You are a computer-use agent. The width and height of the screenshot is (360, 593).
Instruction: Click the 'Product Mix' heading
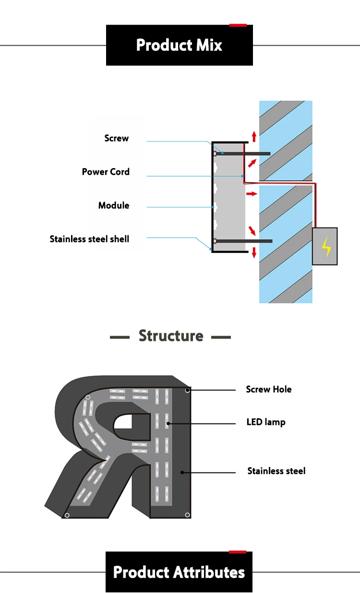(x=179, y=45)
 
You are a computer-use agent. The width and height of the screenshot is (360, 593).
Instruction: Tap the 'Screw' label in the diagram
(x=117, y=138)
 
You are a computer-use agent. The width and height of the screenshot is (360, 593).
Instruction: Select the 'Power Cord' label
(x=106, y=172)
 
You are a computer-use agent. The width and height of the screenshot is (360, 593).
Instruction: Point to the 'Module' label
(x=114, y=206)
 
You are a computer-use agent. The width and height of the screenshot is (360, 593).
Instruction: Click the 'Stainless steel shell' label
(x=89, y=239)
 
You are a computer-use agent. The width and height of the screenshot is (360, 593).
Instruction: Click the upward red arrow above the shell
(x=254, y=136)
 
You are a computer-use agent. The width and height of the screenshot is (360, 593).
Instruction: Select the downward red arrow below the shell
(x=254, y=252)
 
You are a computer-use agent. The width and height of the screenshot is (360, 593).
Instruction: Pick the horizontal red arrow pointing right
(x=252, y=194)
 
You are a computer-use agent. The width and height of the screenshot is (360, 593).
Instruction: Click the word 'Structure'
(x=171, y=336)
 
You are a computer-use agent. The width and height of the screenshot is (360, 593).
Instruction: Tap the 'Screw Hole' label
(x=269, y=389)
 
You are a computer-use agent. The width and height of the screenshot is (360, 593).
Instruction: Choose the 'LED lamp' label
(x=266, y=422)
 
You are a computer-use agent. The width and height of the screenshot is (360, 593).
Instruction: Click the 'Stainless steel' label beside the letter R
(x=276, y=471)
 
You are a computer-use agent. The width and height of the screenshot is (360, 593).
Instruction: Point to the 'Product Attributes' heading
(x=179, y=572)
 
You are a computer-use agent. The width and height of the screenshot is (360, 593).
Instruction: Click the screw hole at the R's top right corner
(x=187, y=390)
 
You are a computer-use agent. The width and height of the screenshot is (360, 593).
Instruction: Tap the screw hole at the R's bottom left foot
(x=67, y=515)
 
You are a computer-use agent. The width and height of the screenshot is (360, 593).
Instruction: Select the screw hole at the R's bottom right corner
(x=187, y=515)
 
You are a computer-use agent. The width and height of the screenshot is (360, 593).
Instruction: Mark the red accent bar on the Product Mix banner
(x=238, y=25)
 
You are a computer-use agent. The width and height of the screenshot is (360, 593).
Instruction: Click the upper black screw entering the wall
(x=242, y=154)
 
